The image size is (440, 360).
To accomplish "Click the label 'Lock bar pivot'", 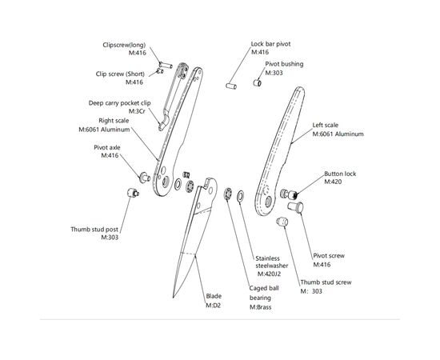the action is coord(270,44).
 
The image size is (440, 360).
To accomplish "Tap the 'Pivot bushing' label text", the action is coord(284,64).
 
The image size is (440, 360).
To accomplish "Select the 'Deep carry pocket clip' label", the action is coord(119,103).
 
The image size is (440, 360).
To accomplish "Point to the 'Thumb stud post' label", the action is coord(94,230).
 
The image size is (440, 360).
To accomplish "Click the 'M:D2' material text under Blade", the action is coord(214,306).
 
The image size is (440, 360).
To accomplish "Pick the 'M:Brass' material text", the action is coord(261,307).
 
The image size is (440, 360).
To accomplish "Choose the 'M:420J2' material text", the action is coord(269,274).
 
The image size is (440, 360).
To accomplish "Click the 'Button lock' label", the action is coord(340,174).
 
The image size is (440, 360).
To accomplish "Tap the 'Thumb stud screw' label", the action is coord(326,282).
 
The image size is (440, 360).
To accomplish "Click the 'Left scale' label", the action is coord(326,125).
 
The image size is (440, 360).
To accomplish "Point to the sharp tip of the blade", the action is coord(174,297).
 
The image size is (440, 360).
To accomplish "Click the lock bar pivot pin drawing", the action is coord(231,86).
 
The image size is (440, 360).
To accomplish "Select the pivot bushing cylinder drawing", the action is coord(258,82).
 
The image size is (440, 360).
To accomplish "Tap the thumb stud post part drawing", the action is coord(132,193).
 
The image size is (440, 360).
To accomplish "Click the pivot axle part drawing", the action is coord(145,178).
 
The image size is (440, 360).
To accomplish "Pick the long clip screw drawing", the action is coord(166,65).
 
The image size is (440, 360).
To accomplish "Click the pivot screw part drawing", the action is coord(295,206).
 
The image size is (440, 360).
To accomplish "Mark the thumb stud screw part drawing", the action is coord(282,222).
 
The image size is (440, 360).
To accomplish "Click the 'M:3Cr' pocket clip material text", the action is coord(137,111).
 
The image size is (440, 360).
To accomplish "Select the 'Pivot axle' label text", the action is coord(107,147).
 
